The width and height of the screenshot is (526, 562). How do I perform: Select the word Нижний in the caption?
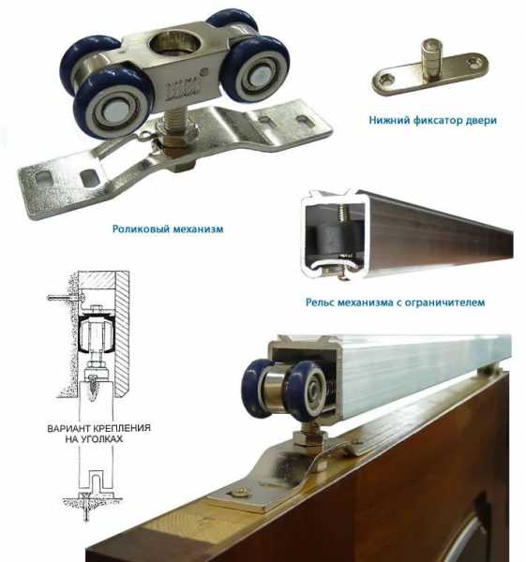tap(389, 120)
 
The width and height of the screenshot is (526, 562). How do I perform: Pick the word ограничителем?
tap(445, 303)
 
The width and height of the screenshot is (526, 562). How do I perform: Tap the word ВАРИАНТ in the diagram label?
tap(69, 428)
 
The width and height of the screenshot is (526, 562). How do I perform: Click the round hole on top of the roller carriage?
tap(175, 42)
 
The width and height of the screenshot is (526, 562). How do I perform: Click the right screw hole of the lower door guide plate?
tap(473, 64)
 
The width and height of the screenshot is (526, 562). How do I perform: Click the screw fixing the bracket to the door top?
tap(239, 493)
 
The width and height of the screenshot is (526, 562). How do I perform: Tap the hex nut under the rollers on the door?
tap(308, 437)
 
